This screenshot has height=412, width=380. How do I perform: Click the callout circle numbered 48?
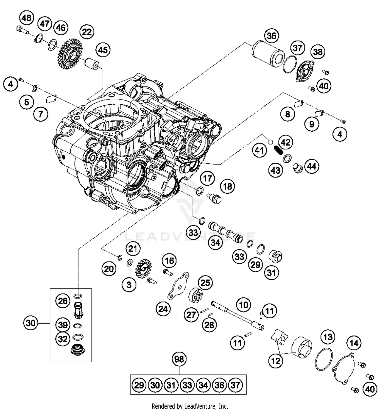pos(26,18)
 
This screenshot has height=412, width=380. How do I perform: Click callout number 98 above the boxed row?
pos(179,359)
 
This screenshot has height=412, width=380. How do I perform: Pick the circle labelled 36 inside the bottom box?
pos(219,385)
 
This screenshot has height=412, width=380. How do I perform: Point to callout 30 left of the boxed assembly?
pos(31,323)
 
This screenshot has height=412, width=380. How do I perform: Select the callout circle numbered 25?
pos(205,283)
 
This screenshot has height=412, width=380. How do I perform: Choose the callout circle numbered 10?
pos(244,305)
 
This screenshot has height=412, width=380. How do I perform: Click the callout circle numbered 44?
pos(312,166)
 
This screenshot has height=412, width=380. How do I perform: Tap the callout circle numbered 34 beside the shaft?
pos(216,243)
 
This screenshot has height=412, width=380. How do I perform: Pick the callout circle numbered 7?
pos(41,114)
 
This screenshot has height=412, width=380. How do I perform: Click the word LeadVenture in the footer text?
pos(198,406)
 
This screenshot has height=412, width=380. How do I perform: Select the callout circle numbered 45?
pos(103,50)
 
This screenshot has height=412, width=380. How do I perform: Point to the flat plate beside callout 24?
pos(178,286)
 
